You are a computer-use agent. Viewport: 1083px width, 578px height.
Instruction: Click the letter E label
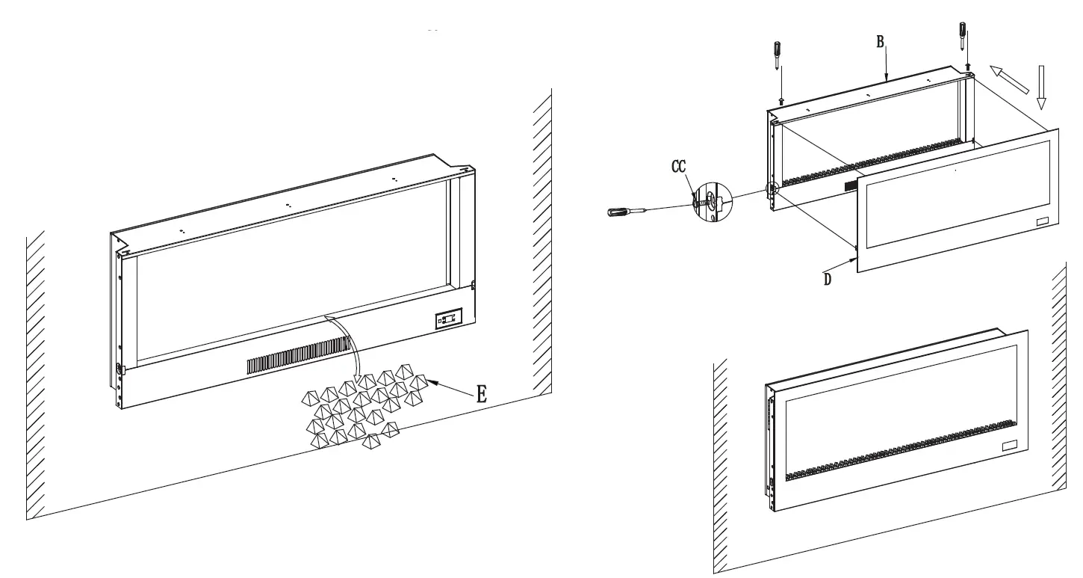[482, 395]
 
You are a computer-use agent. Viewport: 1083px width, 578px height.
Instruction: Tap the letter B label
[881, 42]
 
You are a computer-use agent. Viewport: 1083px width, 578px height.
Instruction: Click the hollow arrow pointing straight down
[1043, 87]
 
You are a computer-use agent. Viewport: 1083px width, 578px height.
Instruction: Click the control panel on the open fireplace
[448, 320]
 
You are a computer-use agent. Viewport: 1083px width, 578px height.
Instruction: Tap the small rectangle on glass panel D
[1042, 223]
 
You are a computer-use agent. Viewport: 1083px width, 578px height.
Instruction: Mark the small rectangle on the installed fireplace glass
[1010, 447]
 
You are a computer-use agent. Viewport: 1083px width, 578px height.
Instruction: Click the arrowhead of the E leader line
[433, 382]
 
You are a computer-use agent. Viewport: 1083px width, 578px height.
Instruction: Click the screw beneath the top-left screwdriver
[781, 99]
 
